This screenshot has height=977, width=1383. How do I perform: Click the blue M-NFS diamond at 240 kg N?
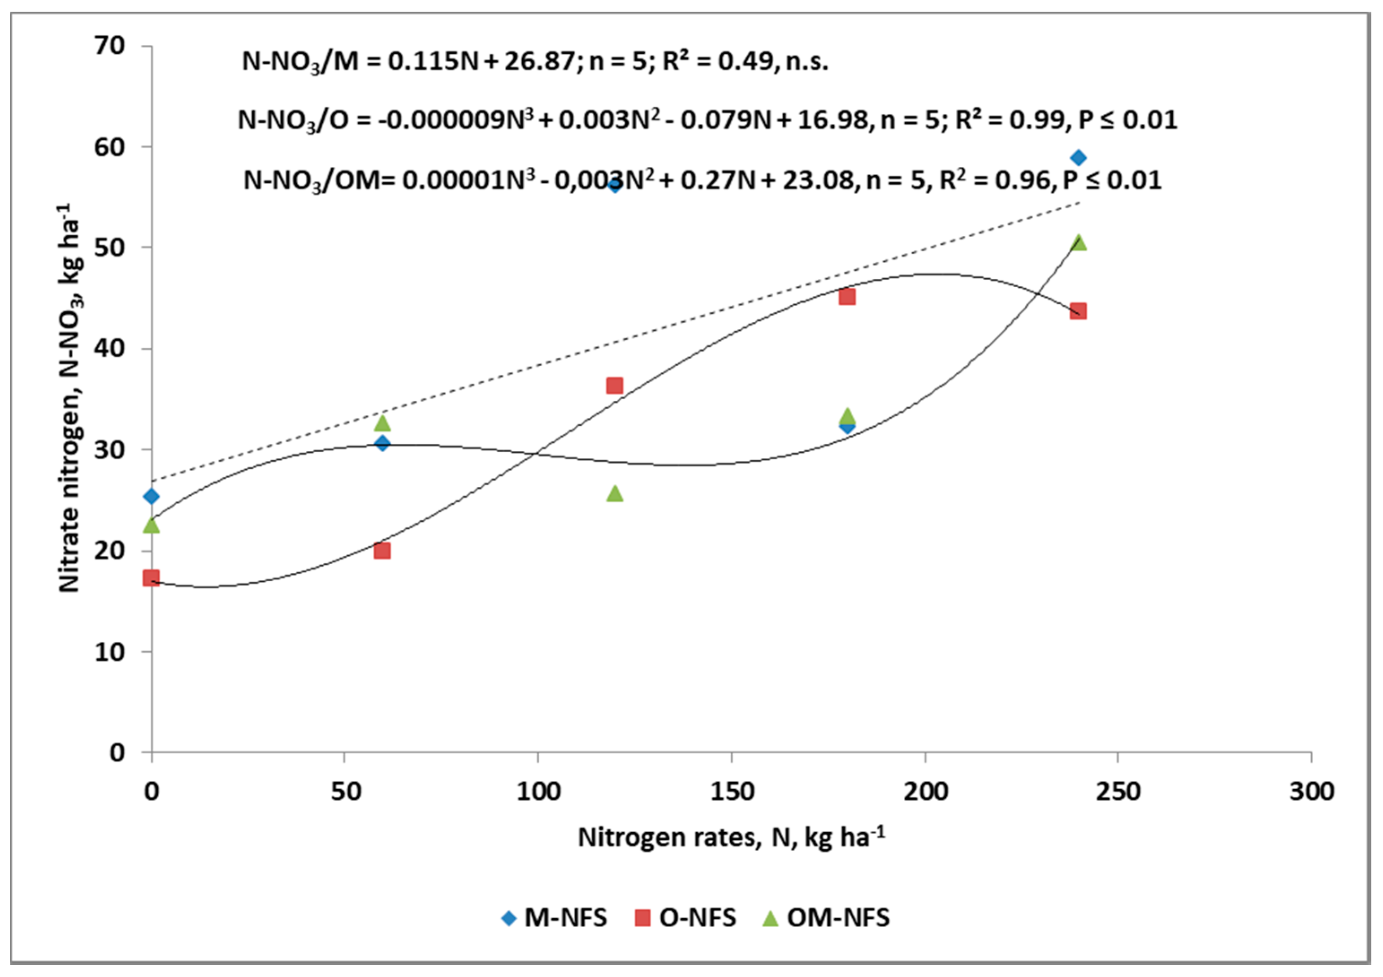pyautogui.click(x=1078, y=158)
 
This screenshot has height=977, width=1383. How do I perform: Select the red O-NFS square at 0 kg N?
pyautogui.click(x=151, y=578)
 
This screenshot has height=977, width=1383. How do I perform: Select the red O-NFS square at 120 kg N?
pyautogui.click(x=615, y=385)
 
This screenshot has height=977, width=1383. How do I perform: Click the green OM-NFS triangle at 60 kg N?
pyautogui.click(x=382, y=424)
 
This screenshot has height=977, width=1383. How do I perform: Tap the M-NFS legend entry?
pyautogui.click(x=554, y=917)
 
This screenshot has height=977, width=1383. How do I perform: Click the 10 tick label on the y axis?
pyautogui.click(x=110, y=652)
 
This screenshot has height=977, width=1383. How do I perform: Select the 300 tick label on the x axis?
pyautogui.click(x=1311, y=791)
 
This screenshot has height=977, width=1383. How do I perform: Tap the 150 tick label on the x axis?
pyautogui.click(x=731, y=791)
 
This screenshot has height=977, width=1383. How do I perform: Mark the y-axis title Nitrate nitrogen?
pyautogui.click(x=70, y=398)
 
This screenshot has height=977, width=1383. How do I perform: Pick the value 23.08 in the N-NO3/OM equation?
pyautogui.click(x=818, y=180)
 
